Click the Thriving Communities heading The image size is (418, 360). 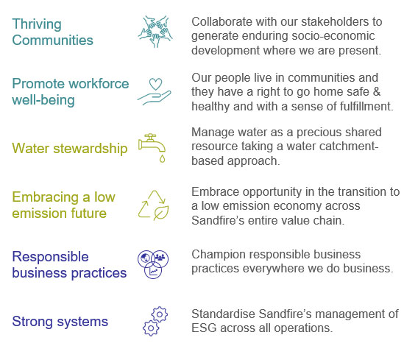52,32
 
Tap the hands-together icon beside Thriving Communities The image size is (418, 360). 155,32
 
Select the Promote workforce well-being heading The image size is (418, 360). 71,92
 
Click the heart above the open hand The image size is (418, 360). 156,84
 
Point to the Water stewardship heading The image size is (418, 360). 70,148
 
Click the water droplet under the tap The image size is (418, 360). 162,158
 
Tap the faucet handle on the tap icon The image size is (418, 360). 151,135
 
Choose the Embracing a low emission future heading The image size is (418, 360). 63,205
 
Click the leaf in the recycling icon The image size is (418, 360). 161,213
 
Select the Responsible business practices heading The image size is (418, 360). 69,265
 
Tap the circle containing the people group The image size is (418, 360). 160,258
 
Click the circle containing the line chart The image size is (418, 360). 153,270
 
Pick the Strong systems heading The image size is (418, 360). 60,321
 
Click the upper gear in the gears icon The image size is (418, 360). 160,314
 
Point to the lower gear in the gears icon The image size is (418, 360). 151,328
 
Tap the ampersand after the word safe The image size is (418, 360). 376,92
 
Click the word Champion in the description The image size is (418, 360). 216,255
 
